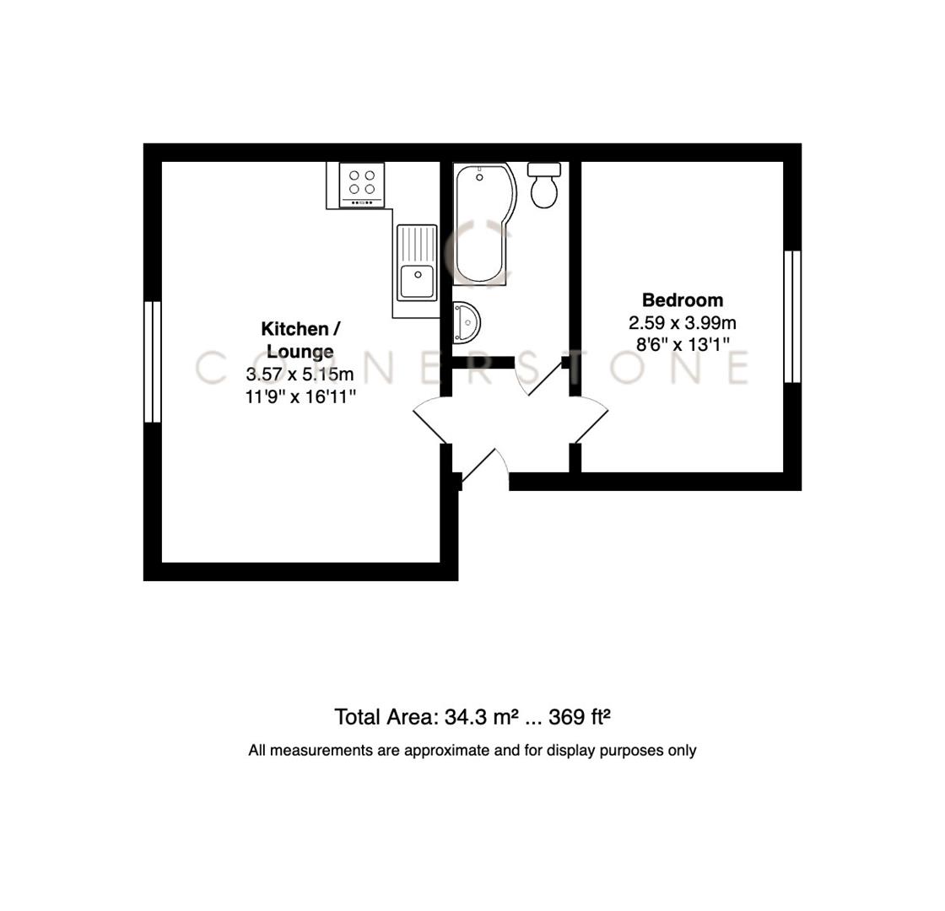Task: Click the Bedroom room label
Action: [683, 300]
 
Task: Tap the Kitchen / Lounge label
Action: [300, 340]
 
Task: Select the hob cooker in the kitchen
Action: [361, 184]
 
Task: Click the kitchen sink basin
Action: [417, 280]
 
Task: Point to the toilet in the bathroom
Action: [544, 187]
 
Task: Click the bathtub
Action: [482, 224]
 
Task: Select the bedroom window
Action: [791, 316]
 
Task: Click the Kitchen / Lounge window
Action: [153, 361]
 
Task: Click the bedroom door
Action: [591, 425]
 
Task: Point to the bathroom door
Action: [545, 379]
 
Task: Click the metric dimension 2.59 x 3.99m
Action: [683, 323]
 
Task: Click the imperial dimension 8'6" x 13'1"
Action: [683, 344]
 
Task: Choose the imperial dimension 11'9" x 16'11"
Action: [300, 396]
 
